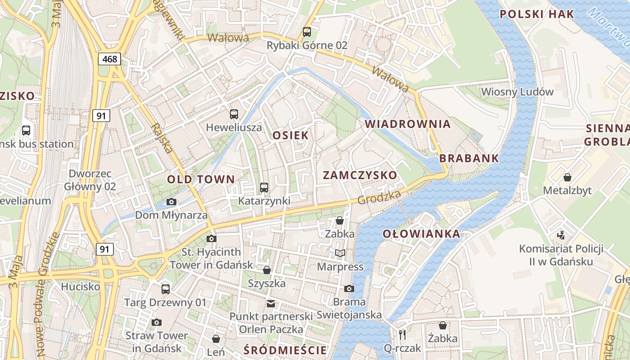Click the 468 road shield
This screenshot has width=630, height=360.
pos(109,58)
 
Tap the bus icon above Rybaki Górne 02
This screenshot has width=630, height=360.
pos(307,31)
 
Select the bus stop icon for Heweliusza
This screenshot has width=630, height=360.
pos(234,114)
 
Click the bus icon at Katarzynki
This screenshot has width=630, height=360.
pos(264,187)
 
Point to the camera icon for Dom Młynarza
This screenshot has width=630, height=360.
pos(171,202)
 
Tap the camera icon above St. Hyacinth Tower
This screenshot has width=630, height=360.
pos(211,238)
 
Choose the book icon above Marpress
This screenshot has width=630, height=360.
pos(340,253)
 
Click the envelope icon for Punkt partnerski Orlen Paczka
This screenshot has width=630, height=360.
pos(271,303)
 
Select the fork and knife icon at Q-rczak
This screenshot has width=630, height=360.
pos(402,334)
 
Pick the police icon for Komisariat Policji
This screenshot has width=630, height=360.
pos(561,235)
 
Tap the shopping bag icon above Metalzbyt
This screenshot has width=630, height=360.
pos(567,177)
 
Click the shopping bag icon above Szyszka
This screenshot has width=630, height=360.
pos(267,270)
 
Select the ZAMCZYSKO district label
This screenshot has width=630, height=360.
pos(360,175)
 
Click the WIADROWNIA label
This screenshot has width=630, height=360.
pos(407,124)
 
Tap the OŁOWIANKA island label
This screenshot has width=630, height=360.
pos(421,234)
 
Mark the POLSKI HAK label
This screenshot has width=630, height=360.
pos(537,14)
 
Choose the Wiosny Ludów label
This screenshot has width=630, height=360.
pos(517,92)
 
